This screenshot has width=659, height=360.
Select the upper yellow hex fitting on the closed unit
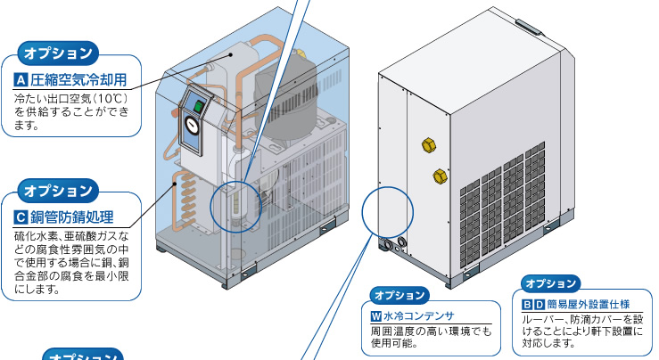429,145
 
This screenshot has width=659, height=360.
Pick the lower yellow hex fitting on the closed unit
440,176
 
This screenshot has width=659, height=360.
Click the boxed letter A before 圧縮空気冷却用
21,80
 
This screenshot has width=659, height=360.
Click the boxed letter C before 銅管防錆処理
21,217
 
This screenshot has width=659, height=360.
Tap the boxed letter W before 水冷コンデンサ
376,316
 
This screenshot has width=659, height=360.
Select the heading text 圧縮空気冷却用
78,80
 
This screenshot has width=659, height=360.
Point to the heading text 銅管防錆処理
72,217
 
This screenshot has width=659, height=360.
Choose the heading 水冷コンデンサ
418,316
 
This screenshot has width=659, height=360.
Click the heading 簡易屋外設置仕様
589,304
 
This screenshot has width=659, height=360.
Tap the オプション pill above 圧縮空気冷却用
58,53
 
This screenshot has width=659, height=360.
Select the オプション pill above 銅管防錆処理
58,191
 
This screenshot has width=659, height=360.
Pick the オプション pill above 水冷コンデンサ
400,295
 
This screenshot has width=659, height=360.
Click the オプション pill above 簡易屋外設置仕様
550,283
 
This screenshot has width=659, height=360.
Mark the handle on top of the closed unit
530,26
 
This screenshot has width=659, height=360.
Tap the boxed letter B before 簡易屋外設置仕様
527,305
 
